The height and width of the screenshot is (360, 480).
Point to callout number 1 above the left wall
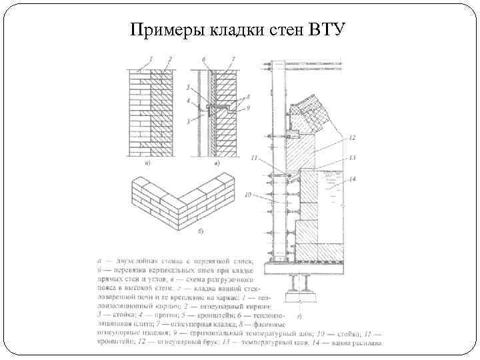(152, 59)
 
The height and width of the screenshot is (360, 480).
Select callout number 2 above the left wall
(170, 59)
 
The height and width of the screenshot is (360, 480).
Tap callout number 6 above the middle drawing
(203, 59)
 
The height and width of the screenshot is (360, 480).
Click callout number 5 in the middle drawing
(189, 87)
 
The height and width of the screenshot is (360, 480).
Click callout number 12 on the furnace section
(351, 138)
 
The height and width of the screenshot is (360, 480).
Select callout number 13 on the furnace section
(351, 158)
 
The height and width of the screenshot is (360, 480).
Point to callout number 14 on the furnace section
(352, 179)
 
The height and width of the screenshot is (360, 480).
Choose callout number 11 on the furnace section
(254, 157)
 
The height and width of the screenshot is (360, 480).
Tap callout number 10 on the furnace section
(247, 195)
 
